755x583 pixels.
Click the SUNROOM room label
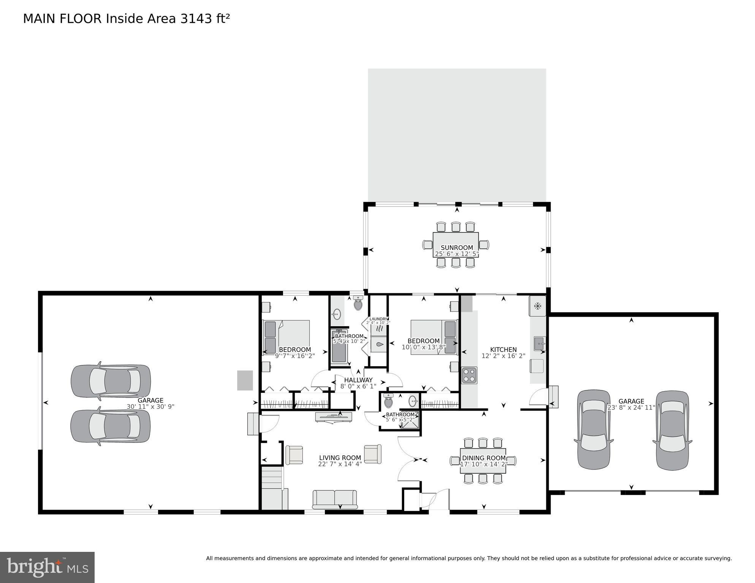point(457,248)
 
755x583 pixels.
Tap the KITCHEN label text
point(503,349)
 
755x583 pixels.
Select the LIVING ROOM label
point(340,458)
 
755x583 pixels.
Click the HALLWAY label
point(358,380)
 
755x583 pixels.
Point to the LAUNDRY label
point(378,319)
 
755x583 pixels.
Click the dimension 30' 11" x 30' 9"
point(150,406)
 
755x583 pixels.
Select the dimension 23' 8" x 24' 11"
point(631,408)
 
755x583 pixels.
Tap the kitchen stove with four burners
point(469,375)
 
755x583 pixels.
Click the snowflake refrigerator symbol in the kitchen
point(538,306)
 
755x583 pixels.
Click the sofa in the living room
point(335,499)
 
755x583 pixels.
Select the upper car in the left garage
point(111,381)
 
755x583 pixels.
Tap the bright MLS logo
point(47,567)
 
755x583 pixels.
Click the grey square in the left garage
point(245,380)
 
